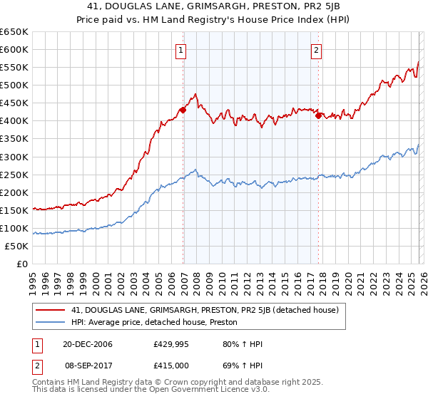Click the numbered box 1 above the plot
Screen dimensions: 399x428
183,51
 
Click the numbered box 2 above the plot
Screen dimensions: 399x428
316,51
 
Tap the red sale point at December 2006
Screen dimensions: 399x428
183,110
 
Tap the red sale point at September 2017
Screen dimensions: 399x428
318,115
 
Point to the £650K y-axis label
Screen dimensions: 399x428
14,32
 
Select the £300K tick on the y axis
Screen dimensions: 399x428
14,157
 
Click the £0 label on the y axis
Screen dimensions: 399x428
22,264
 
